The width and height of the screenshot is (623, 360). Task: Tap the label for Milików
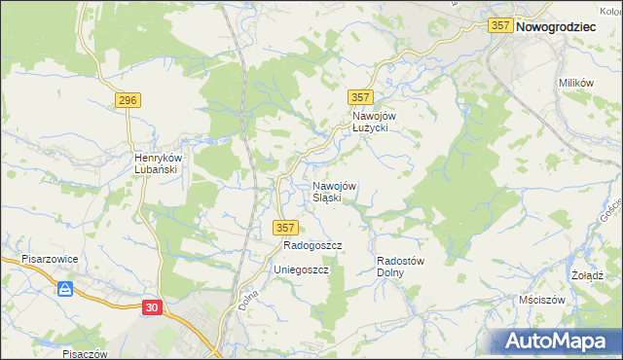(575, 84)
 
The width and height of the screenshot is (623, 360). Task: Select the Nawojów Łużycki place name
(370, 121)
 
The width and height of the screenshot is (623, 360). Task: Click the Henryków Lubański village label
(155, 163)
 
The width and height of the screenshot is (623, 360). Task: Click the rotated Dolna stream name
(247, 298)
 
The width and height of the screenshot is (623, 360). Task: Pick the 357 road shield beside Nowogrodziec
(500, 27)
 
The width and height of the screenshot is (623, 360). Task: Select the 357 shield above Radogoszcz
(284, 228)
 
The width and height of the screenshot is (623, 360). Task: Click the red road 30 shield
(152, 307)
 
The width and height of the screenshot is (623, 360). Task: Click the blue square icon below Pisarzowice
(66, 289)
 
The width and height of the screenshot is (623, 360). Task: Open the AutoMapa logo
(559, 341)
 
